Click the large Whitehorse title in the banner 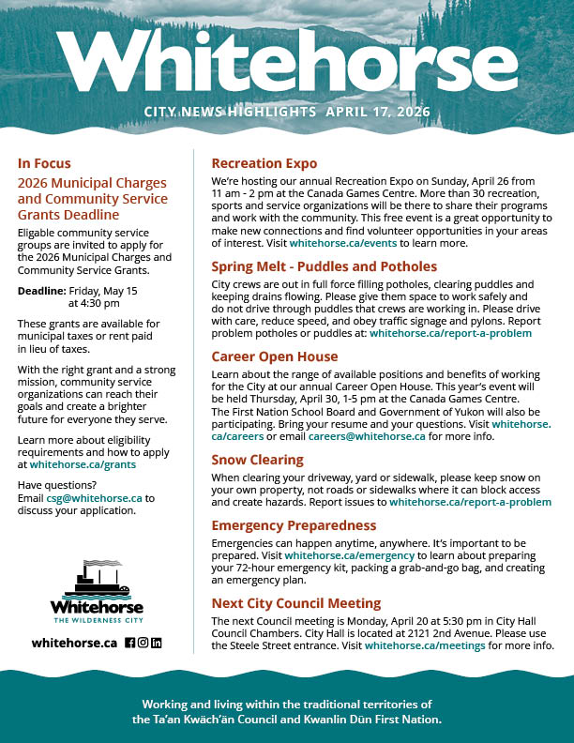pyautogui.click(x=287, y=63)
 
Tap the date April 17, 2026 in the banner pyautogui.click(x=378, y=112)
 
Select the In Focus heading pyautogui.click(x=44, y=163)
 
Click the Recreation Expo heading pyautogui.click(x=264, y=163)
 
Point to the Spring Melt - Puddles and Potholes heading pyautogui.click(x=324, y=266)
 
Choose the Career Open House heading pyautogui.click(x=274, y=356)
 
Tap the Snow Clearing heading pyautogui.click(x=257, y=460)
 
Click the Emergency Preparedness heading pyautogui.click(x=294, y=525)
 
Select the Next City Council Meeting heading pyautogui.click(x=295, y=603)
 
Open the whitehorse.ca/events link pyautogui.click(x=337, y=243)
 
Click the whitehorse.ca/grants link pyautogui.click(x=83, y=464)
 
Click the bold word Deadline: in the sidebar pyautogui.click(x=41, y=291)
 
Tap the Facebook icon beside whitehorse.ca pyautogui.click(x=130, y=643)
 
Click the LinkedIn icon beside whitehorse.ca pyautogui.click(x=157, y=643)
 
